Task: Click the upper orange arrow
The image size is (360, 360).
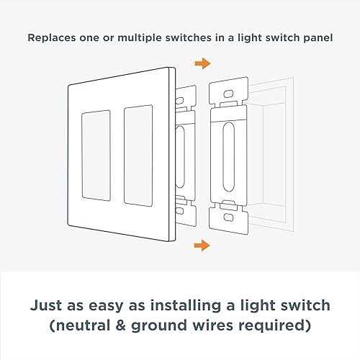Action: point(203,63)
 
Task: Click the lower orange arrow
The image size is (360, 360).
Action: point(202,246)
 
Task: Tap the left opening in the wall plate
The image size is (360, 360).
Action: point(96,156)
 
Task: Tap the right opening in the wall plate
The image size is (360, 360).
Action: point(138,156)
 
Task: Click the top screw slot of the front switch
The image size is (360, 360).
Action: point(228,94)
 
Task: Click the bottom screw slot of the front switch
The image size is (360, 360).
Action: point(228,217)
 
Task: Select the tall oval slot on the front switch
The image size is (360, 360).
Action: point(228,157)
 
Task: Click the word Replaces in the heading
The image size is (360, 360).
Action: point(52,38)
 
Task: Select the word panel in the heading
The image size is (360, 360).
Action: point(318,38)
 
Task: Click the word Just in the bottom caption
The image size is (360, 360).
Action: point(46,305)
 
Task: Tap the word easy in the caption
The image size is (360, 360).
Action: point(106,307)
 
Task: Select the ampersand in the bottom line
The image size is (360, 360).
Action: point(120,325)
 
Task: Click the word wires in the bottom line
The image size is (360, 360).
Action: point(213,325)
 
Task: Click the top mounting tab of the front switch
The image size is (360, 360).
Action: point(228,91)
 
